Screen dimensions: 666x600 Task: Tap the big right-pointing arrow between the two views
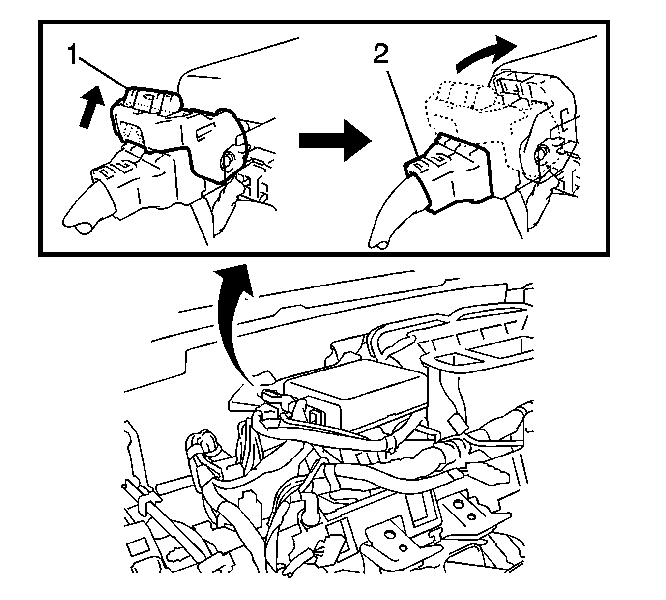coord(335,141)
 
